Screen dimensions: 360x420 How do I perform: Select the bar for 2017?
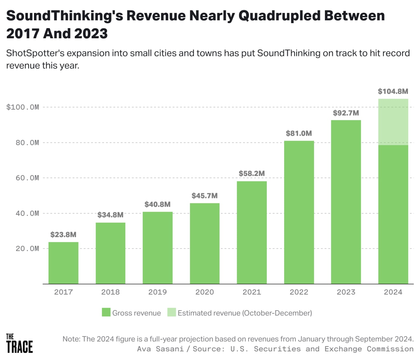click(63, 263)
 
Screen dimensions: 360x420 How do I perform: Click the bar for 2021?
click(252, 232)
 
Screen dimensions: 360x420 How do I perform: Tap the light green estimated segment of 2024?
click(393, 122)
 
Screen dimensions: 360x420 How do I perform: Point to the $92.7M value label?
click(346, 113)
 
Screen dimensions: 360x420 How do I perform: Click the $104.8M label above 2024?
click(393, 91)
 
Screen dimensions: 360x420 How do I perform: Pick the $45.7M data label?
click(204, 196)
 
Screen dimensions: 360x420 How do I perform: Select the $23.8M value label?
click(63, 235)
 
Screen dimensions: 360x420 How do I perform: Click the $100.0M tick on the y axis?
click(23, 107)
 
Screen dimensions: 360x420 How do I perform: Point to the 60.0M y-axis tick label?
click(27, 178)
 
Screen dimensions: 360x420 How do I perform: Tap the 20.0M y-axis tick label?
click(27, 249)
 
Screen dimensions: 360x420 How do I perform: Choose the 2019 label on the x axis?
click(157, 292)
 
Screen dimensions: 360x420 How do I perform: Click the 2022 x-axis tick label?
click(299, 292)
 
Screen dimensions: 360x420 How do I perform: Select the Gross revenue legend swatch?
click(106, 312)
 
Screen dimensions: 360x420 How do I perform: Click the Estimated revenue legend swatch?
click(171, 312)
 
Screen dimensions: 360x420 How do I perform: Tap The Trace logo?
click(19, 343)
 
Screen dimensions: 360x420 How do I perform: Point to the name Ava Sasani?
click(160, 349)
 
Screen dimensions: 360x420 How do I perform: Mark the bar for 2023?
click(346, 202)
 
